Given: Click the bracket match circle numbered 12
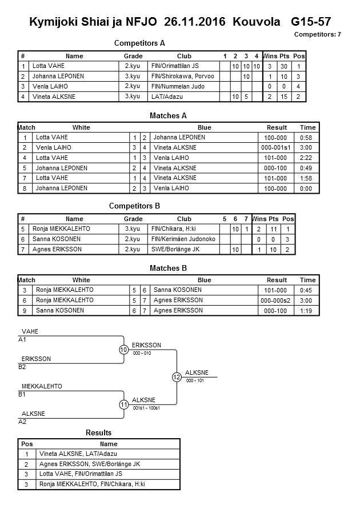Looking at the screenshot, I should [177, 377].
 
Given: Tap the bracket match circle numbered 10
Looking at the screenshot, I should [123, 350].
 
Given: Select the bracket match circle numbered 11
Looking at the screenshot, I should [123, 404].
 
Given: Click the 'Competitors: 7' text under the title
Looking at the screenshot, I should [317, 34].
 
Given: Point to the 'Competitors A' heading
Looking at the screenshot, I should [139, 43].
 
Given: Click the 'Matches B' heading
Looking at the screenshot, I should [168, 268].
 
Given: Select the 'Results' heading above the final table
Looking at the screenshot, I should [98, 432].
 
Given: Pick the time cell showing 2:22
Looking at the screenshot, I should [307, 158].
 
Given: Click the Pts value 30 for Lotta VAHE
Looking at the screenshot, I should [285, 66].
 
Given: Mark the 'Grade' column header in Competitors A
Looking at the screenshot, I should [133, 56].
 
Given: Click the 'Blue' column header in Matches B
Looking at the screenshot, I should [204, 280].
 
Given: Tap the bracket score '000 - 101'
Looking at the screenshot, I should [195, 380].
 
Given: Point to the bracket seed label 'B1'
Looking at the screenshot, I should [22, 394].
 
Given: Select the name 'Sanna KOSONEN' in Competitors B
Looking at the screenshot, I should [57, 239].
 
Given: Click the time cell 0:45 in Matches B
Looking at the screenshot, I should [307, 290].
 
